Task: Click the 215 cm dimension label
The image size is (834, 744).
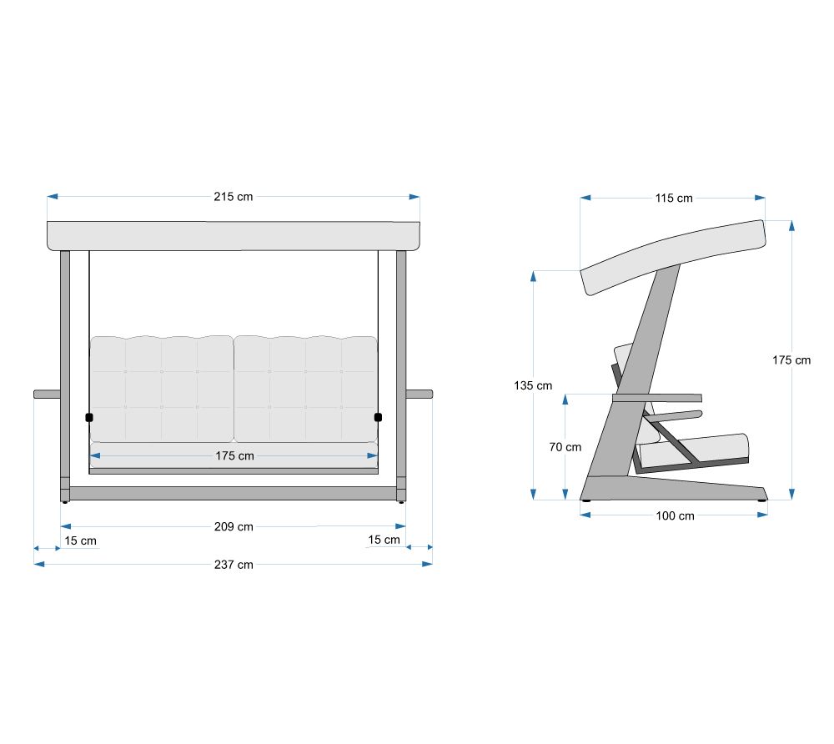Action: pyautogui.click(x=234, y=197)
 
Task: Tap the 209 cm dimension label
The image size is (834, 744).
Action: pyautogui.click(x=234, y=527)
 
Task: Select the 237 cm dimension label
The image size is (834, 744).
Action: pyautogui.click(x=234, y=565)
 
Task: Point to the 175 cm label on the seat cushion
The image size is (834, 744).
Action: pyautogui.click(x=234, y=455)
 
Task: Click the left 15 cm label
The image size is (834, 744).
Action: pyautogui.click(x=80, y=540)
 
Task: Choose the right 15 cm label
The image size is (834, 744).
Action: pyautogui.click(x=384, y=540)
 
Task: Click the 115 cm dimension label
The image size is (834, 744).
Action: pyautogui.click(x=674, y=199)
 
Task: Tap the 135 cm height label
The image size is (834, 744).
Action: pyautogui.click(x=533, y=385)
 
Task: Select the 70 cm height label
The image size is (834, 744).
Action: pyautogui.click(x=565, y=447)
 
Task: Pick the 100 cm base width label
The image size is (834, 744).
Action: pyautogui.click(x=675, y=515)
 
